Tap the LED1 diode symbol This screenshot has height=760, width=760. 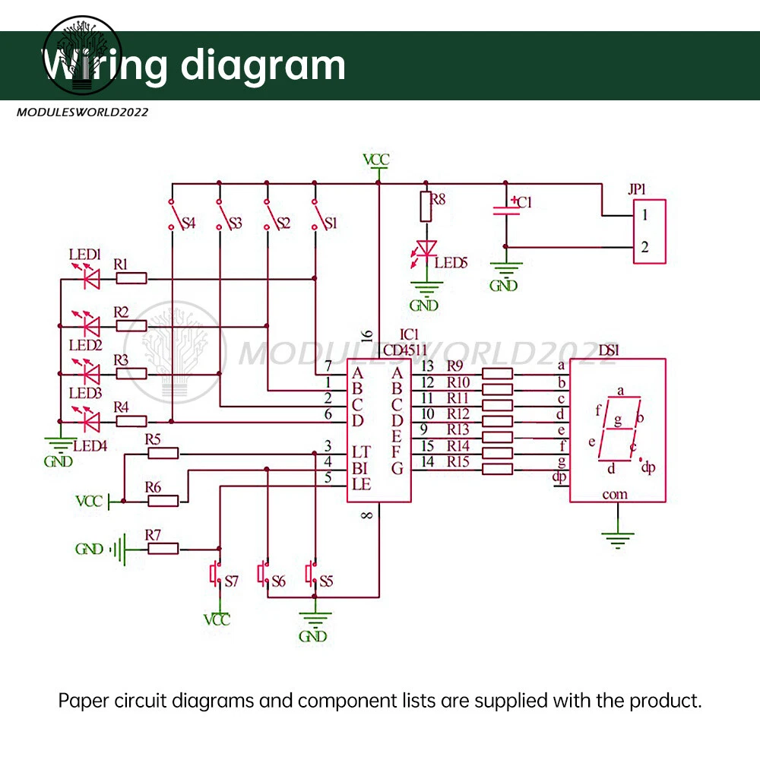click(91, 279)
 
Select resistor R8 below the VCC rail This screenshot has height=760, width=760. click(426, 207)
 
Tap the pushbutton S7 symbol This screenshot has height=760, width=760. click(215, 572)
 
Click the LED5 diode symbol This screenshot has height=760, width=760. click(427, 249)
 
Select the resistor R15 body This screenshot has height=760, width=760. click(498, 469)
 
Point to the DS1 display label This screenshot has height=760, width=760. click(610, 350)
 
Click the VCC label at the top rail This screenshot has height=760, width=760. click(376, 160)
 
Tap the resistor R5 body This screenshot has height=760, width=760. click(163, 453)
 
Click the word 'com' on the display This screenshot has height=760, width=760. click(615, 494)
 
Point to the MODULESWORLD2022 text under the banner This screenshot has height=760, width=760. click(82, 112)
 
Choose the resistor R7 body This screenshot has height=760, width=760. click(163, 548)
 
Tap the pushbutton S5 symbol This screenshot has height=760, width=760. click(311, 572)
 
